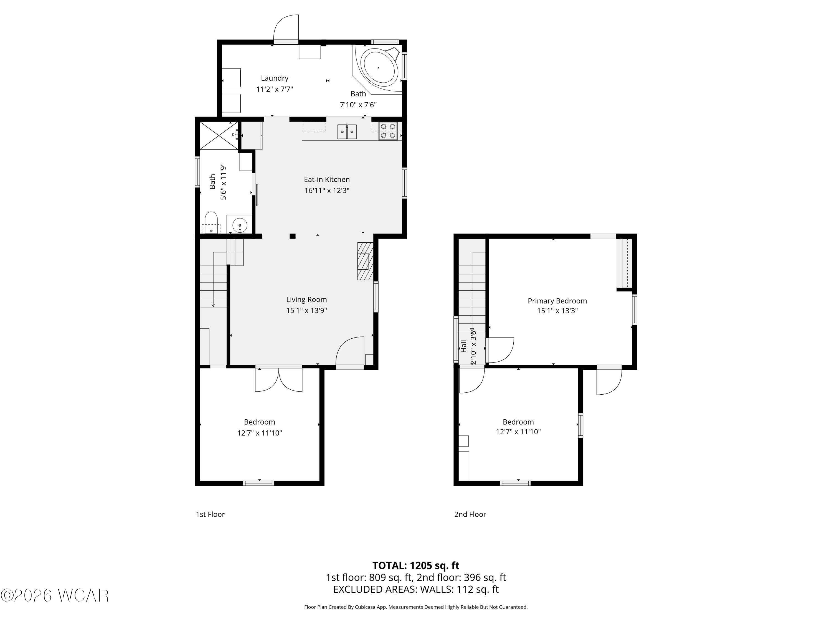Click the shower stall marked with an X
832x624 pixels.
219,135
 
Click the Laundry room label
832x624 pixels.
275,78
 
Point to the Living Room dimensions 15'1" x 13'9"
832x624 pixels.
306,310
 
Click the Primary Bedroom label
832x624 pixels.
557,301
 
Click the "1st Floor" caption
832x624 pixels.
210,514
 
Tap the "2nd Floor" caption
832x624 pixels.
470,514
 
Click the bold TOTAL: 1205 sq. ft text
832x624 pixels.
416,565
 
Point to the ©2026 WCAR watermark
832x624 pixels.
55,595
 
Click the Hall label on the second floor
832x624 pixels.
464,346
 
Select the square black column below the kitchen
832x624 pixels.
292,236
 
